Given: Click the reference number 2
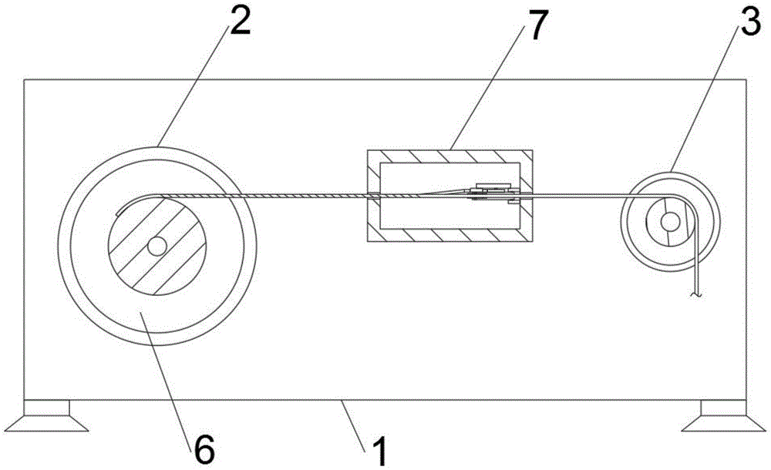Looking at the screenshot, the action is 239,24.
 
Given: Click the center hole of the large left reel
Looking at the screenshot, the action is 157,246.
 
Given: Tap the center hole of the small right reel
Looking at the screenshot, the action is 669,222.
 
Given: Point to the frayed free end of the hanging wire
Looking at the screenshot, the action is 697,293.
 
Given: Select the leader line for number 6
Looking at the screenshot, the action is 170,370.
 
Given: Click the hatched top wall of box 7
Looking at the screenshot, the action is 447,156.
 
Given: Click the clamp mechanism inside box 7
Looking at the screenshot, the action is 493,193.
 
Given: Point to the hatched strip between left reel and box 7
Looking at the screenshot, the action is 308,196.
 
